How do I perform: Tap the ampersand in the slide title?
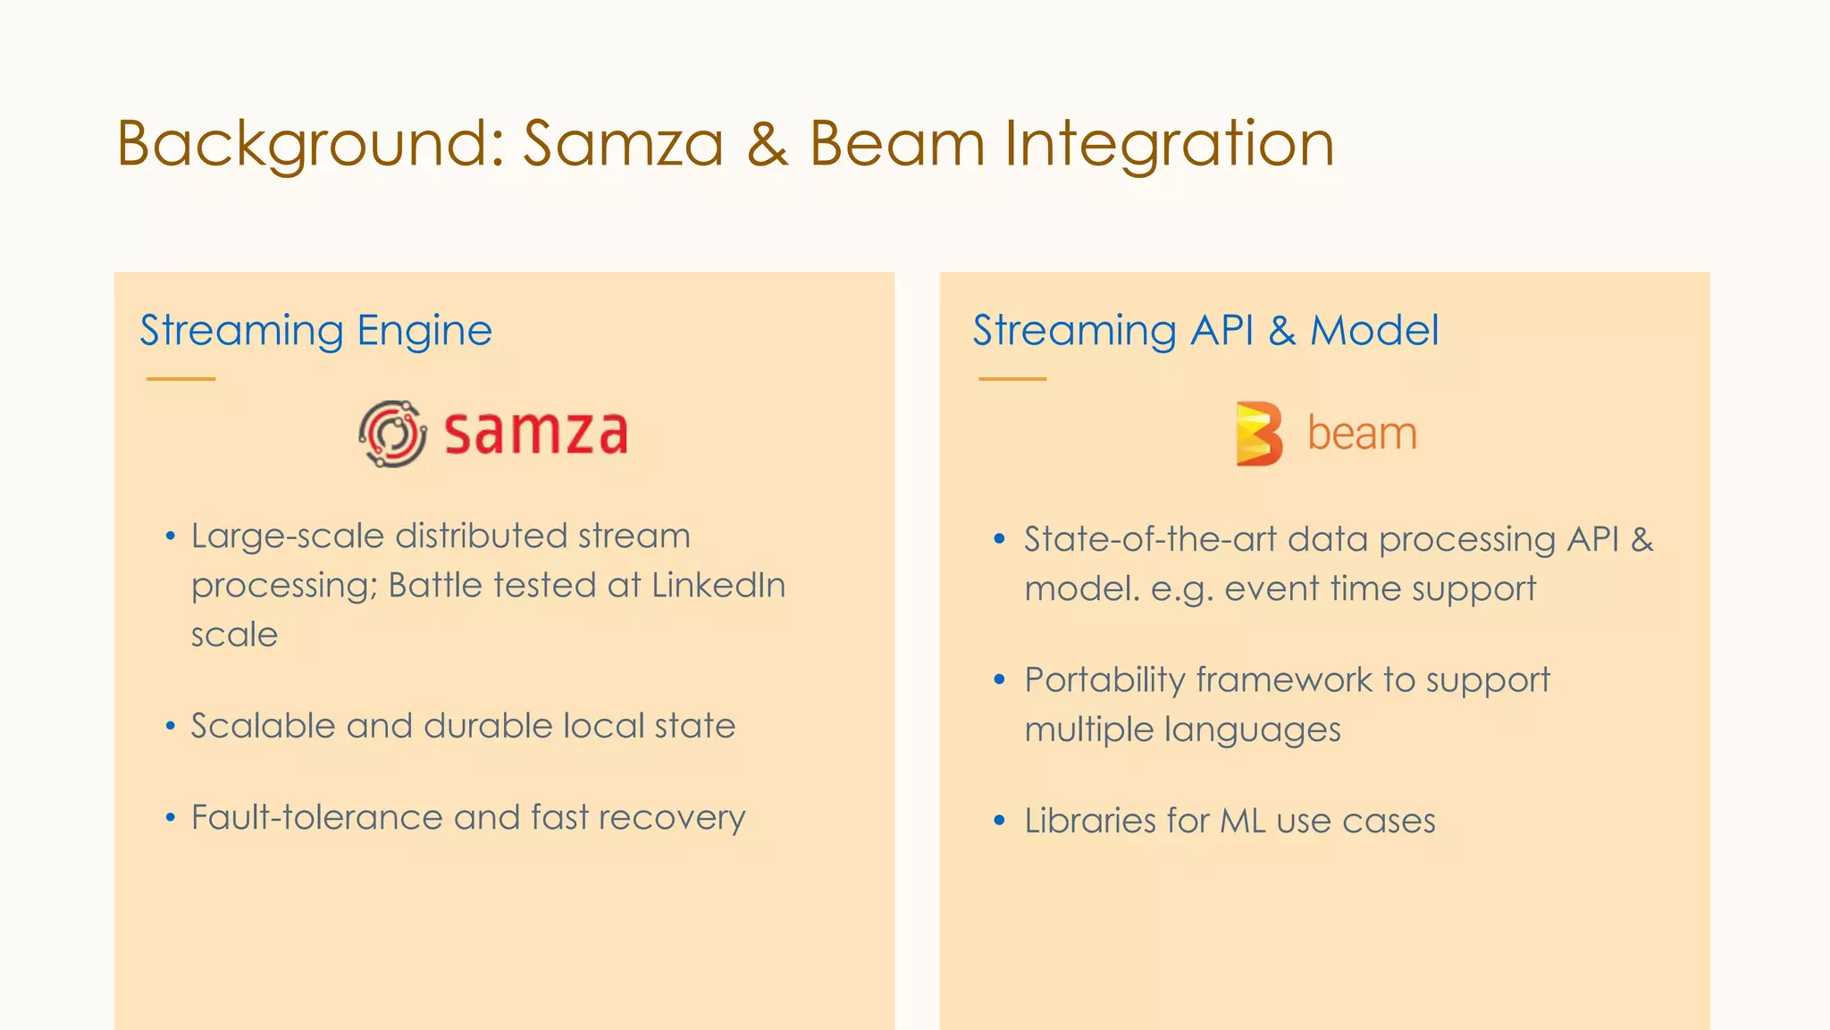click(x=768, y=145)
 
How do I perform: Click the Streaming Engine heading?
click(x=315, y=330)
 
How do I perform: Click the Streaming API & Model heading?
click(x=1205, y=330)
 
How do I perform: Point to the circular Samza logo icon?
click(x=392, y=434)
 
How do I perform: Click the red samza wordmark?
click(x=536, y=434)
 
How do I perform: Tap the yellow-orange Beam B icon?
click(x=1258, y=434)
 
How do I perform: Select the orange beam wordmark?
click(x=1362, y=434)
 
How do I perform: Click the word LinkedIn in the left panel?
click(x=718, y=586)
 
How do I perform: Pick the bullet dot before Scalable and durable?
click(x=171, y=726)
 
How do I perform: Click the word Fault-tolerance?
click(x=316, y=817)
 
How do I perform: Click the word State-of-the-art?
click(x=1149, y=539)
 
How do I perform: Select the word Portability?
click(x=1104, y=680)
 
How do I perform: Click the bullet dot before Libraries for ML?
click(x=1000, y=820)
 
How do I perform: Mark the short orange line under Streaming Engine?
click(x=180, y=379)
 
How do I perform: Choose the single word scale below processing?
click(x=234, y=635)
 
